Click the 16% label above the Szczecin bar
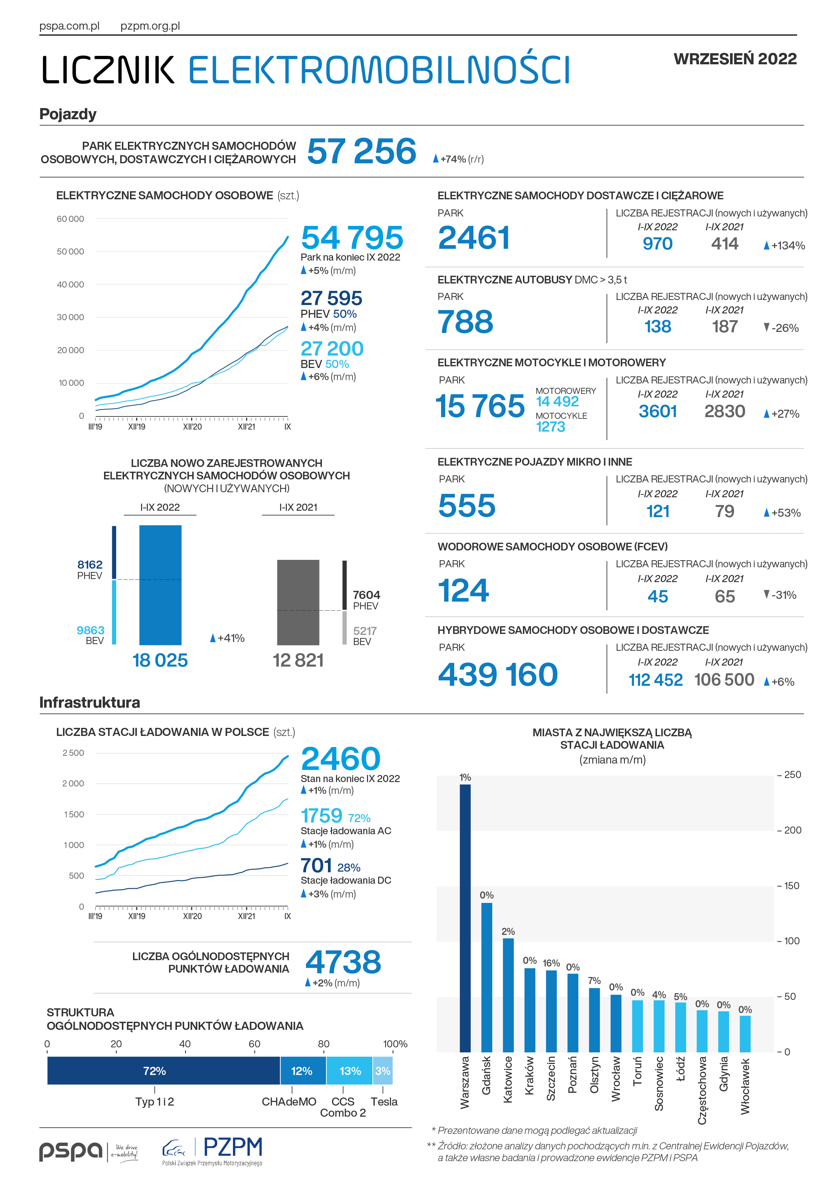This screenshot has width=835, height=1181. pyautogui.click(x=551, y=963)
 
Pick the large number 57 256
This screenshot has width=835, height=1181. pyautogui.click(x=362, y=151)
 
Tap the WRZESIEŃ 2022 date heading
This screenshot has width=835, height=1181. pyautogui.click(x=735, y=59)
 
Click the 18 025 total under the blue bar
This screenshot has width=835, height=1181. pyautogui.click(x=160, y=660)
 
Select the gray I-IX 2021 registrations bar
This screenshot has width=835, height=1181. pyautogui.click(x=298, y=602)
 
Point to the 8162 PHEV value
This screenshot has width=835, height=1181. pyautogui.click(x=90, y=564)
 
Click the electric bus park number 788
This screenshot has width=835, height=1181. pyautogui.click(x=465, y=322)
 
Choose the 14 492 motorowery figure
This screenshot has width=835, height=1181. pyautogui.click(x=557, y=401)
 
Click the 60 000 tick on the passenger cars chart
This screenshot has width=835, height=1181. pyautogui.click(x=70, y=218)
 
